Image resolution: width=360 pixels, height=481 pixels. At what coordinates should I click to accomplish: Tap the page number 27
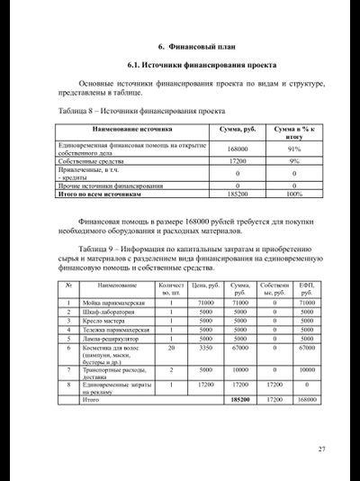point(321,449)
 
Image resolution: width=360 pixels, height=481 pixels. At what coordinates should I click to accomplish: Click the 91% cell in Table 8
point(293,149)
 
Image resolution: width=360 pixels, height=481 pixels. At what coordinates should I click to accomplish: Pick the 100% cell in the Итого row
point(293,194)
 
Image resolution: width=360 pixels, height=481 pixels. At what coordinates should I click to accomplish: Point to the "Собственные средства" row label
point(91,160)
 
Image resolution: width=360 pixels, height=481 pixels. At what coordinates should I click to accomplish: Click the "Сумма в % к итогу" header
point(293,132)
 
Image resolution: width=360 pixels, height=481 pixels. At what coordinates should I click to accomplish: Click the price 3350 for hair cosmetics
point(205,348)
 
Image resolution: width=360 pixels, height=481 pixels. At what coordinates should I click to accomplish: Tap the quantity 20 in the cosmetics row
point(171,348)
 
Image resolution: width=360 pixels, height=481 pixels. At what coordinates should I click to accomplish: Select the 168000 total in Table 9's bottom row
point(307,398)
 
